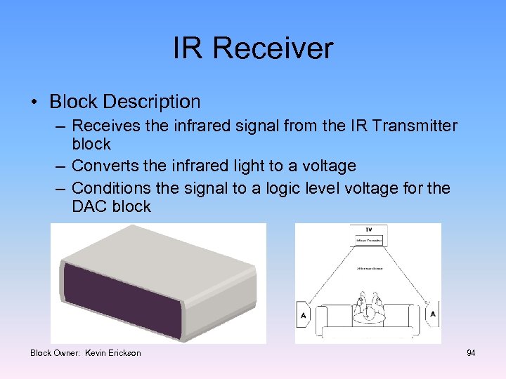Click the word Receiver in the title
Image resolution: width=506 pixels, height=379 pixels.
pyautogui.click(x=273, y=48)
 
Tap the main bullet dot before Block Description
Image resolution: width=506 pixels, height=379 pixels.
pyautogui.click(x=34, y=102)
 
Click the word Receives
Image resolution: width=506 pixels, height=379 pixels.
pyautogui.click(x=105, y=126)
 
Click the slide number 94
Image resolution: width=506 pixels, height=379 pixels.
pyautogui.click(x=471, y=352)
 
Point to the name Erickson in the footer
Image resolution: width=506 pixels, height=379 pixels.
pyautogui.click(x=123, y=352)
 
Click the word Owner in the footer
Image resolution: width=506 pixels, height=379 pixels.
pyautogui.click(x=67, y=352)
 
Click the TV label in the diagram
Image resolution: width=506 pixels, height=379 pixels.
pyautogui.click(x=368, y=230)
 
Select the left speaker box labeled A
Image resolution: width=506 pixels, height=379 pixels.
pyautogui.click(x=304, y=315)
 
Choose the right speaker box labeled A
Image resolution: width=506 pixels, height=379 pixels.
pyautogui.click(x=432, y=314)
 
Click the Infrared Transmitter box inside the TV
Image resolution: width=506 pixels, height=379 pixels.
pyautogui.click(x=368, y=241)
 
